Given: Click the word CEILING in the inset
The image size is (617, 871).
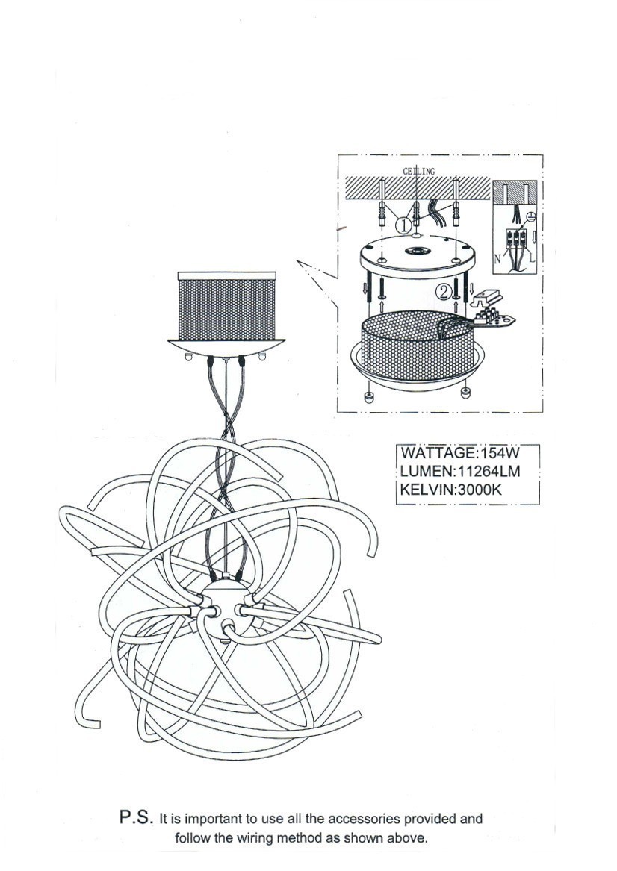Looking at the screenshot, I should tap(419, 171).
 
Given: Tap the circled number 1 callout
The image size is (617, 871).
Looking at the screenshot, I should tap(402, 224).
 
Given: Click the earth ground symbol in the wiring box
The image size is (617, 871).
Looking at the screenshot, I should tap(530, 217).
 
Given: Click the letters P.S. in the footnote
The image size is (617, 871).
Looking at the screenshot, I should tap(137, 817).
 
